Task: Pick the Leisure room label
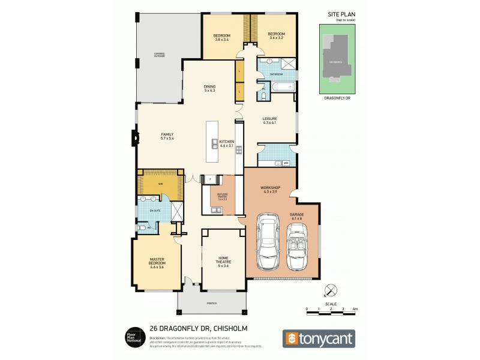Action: point(269,121)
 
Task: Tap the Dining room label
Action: point(209,88)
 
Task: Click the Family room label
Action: point(167,136)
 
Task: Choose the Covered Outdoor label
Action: point(159,56)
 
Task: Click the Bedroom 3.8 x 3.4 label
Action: point(222,37)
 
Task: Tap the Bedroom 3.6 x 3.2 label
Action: point(275,35)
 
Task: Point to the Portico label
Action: point(211,304)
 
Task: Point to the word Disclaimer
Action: point(158,338)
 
